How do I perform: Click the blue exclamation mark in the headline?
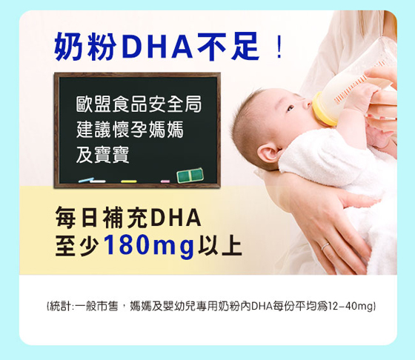point(279,48)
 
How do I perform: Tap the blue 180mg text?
point(149,246)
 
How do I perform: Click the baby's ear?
point(268,153)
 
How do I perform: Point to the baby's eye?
point(290,108)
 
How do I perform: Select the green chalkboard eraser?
point(190,176)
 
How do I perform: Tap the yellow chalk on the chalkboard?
point(129,181)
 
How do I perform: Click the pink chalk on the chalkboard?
point(165,181)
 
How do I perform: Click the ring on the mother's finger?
point(325,246)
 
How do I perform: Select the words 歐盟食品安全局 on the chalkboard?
point(139,104)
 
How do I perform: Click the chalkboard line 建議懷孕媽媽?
point(130,130)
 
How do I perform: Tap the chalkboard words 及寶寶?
point(102,155)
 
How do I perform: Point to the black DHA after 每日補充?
point(176,218)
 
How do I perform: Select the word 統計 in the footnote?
point(59,307)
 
